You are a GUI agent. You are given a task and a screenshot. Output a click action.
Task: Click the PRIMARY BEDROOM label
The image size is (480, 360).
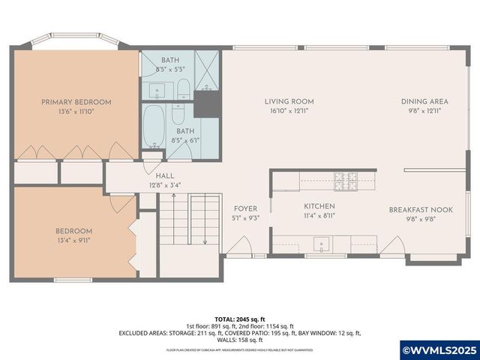[x=76, y=102]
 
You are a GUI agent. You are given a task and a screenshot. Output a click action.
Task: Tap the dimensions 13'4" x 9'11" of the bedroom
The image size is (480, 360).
[x=73, y=241]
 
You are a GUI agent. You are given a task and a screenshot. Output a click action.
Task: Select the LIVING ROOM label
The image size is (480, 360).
[x=289, y=101]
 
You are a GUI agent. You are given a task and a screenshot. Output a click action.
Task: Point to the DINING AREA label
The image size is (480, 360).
[x=424, y=101]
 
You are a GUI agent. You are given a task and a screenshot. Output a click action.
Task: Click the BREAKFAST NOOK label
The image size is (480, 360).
[x=421, y=210]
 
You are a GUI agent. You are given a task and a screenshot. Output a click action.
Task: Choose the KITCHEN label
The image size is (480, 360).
[x=319, y=205]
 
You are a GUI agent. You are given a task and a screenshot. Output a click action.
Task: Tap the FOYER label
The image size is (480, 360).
[x=246, y=209]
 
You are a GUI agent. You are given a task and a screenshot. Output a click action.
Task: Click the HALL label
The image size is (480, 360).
[x=165, y=175]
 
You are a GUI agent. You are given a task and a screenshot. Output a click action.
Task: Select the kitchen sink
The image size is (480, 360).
[x=320, y=244]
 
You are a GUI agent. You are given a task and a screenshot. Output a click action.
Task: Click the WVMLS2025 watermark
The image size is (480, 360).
[x=440, y=350]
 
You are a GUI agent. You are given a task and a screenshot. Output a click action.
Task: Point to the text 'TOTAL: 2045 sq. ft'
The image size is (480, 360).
[x=240, y=319]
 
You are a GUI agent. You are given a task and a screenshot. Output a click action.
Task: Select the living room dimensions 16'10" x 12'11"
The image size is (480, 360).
[x=289, y=111]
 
